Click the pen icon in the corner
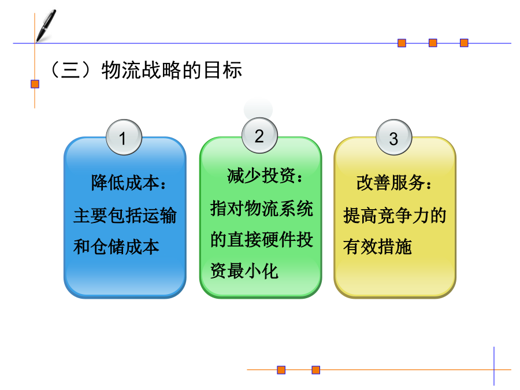46,26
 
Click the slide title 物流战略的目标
172,70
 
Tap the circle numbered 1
124,138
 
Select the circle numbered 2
259,136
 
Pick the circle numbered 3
394,138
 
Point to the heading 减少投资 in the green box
261,176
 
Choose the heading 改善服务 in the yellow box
391,183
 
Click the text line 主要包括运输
125,216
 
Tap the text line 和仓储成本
116,247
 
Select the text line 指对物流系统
262,209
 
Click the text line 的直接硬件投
262,239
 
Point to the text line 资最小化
244,271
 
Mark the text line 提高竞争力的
395,216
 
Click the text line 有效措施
377,247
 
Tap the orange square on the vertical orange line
35,84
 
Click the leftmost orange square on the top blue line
402,43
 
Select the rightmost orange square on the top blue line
464,43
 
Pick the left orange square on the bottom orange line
281,370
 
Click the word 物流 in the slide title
121,70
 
